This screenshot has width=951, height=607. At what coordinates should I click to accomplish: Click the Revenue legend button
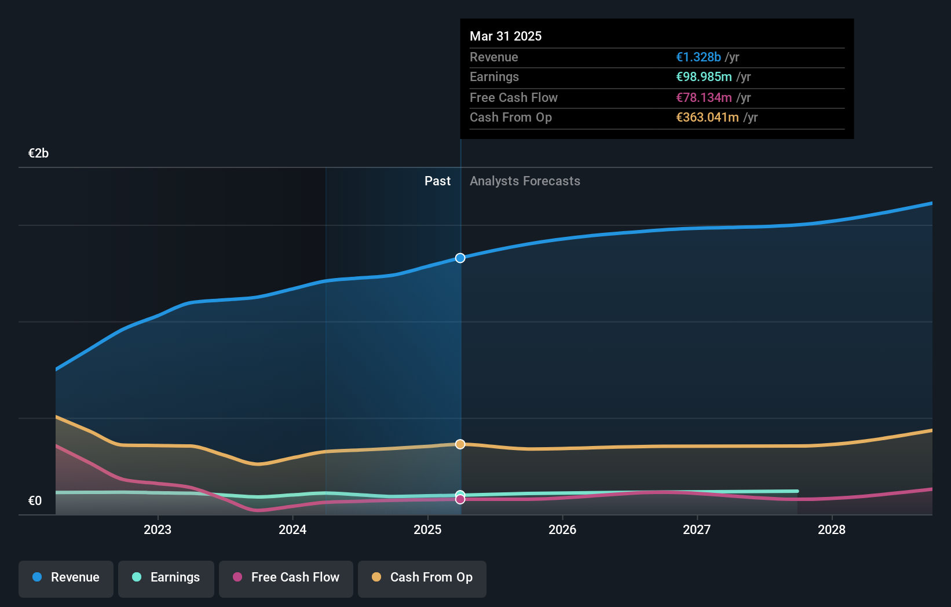pos(66,577)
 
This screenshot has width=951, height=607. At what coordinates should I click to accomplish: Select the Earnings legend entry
pos(166,577)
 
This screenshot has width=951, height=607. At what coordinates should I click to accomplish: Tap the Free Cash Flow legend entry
pos(286,577)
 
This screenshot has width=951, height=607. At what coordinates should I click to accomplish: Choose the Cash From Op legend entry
pos(422,577)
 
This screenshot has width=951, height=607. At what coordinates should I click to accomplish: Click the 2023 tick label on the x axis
pos(158,529)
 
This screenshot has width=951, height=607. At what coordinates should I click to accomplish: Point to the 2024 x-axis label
pos(292,529)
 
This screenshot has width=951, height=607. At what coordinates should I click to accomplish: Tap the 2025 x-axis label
pos(427,529)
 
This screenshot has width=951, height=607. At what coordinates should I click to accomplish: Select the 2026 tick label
pos(562,529)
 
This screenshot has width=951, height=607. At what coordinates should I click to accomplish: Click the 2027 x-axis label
pos(697,529)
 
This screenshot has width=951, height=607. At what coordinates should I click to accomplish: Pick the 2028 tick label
pos(832,529)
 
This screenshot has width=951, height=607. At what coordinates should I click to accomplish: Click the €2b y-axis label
pos(38,153)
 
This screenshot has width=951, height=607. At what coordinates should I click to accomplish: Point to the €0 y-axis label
pos(35,501)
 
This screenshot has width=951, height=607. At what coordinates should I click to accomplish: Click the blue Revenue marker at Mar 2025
pos(460,258)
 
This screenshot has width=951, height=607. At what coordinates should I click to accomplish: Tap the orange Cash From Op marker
pos(460,444)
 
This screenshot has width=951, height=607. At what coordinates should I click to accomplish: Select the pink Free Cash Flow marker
pos(460,499)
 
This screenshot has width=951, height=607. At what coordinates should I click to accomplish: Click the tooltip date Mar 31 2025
pos(506,36)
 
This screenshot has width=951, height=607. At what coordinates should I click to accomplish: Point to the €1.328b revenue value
pos(698,57)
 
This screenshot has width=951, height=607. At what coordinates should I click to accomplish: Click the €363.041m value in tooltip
pos(707,118)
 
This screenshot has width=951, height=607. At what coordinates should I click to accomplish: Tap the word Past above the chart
pos(437,181)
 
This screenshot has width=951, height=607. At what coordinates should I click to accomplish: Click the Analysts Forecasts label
pos(525,181)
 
